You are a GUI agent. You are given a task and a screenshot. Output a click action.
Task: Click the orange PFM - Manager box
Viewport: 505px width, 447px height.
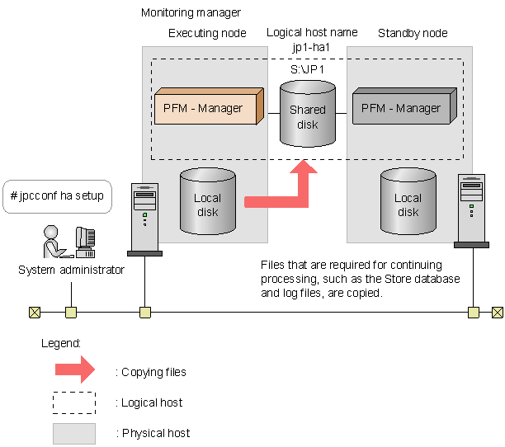click(x=206, y=108)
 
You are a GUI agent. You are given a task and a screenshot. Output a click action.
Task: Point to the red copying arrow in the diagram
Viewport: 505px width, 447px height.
click(x=281, y=194)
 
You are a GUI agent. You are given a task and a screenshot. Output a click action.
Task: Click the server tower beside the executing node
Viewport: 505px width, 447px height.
click(x=145, y=217)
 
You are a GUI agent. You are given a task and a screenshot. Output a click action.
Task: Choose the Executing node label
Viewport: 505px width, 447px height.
click(x=206, y=33)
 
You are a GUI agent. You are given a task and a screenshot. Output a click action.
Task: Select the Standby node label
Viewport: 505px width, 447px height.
click(x=413, y=33)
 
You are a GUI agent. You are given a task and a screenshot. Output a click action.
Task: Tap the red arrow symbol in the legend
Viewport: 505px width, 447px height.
click(x=74, y=371)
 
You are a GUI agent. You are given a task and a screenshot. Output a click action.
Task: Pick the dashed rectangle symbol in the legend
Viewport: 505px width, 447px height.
click(x=74, y=402)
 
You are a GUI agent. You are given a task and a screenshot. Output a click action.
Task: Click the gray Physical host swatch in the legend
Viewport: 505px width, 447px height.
click(x=74, y=432)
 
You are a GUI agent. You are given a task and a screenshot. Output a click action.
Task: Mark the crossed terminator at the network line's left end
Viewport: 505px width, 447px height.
click(x=34, y=313)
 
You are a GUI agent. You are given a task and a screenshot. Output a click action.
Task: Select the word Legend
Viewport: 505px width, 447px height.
click(x=61, y=342)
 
